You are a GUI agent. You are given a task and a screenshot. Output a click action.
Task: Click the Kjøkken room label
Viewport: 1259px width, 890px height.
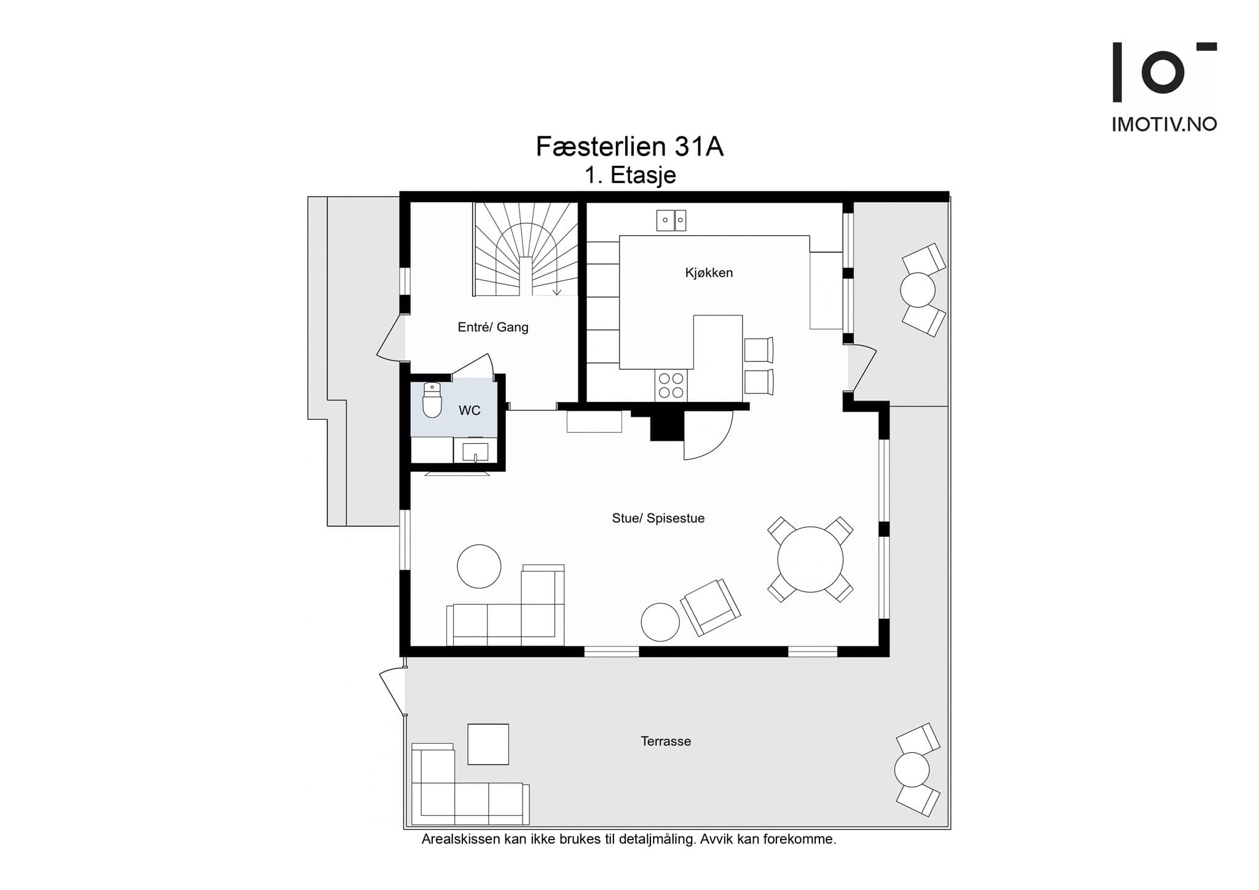(x=709, y=273)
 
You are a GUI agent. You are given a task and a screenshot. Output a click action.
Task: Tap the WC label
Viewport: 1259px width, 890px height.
(x=469, y=411)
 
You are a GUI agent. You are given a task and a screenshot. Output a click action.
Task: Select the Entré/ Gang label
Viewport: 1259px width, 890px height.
(x=493, y=327)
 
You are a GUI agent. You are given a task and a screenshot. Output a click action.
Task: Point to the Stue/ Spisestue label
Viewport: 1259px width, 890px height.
(x=658, y=518)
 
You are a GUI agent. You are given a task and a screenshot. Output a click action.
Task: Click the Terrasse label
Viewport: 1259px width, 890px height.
(x=666, y=741)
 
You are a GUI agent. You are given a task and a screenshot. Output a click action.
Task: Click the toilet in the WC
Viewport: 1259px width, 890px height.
(x=432, y=401)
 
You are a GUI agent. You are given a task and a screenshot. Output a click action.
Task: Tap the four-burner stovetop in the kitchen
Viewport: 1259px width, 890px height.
(x=671, y=385)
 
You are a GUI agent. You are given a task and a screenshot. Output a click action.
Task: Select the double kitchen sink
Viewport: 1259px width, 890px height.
(x=671, y=220)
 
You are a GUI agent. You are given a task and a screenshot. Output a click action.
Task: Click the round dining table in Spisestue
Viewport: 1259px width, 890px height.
(x=810, y=559)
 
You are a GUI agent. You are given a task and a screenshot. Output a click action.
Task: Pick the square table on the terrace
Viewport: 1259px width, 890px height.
(x=488, y=744)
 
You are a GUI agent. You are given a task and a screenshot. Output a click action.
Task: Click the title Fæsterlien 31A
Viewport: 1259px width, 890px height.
(x=629, y=147)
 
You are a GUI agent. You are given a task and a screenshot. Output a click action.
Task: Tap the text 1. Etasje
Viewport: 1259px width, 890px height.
(x=630, y=176)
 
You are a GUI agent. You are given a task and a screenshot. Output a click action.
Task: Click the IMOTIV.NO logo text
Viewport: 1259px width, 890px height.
(x=1164, y=125)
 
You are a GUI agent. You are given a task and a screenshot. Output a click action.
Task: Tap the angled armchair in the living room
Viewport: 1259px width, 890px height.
(x=710, y=607)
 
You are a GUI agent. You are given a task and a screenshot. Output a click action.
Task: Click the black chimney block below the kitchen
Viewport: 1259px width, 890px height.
(x=666, y=425)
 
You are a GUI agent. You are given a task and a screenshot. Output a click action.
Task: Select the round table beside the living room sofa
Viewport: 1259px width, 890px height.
(x=479, y=566)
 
